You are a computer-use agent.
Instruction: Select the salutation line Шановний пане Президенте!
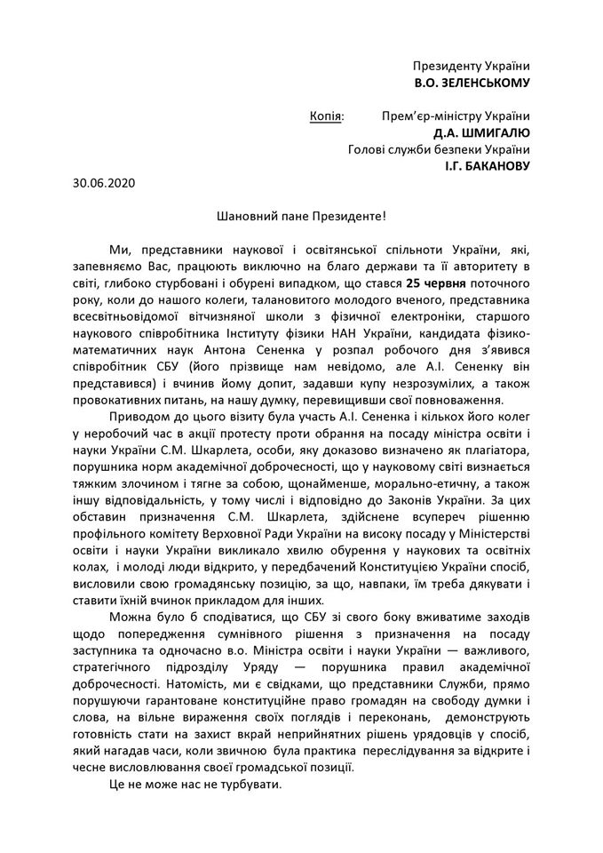pos(301,216)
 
